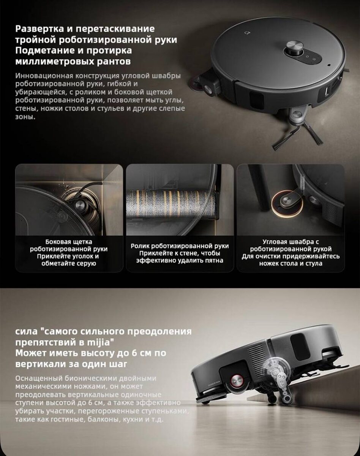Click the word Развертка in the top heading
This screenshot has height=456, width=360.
click(x=39, y=29)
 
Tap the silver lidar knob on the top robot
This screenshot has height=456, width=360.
click(x=295, y=48)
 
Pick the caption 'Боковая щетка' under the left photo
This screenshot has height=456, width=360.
click(x=69, y=242)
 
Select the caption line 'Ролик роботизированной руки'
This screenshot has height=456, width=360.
click(x=180, y=246)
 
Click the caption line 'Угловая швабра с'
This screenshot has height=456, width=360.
click(x=291, y=242)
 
